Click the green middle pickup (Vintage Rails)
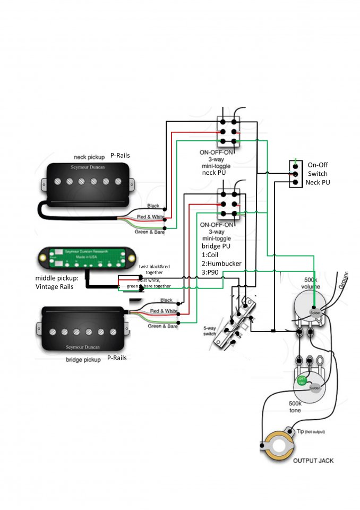[x=84, y=258]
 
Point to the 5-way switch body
[x=234, y=324]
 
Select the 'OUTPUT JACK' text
[x=313, y=461]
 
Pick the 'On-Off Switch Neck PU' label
[x=318, y=174]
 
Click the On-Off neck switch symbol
[x=293, y=174]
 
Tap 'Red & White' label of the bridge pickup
[x=164, y=311]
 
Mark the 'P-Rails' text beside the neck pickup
[x=120, y=156]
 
